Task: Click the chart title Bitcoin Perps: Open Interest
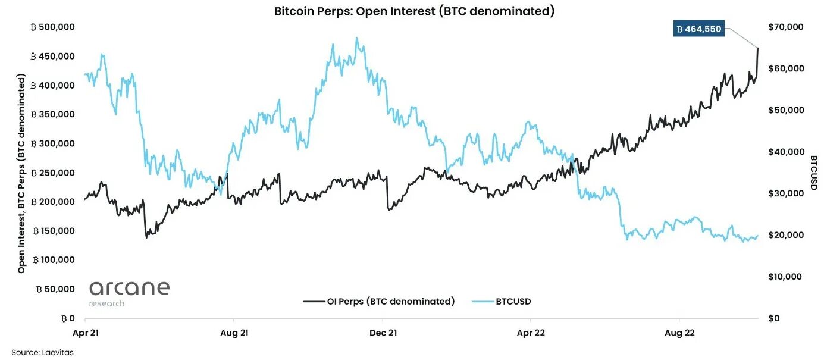point(414,11)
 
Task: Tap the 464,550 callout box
point(699,29)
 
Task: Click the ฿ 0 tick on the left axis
point(67,318)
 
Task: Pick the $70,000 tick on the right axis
point(787,27)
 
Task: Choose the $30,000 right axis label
point(787,193)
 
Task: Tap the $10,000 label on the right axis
point(787,277)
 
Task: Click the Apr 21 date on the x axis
point(86,333)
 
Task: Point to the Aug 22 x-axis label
point(680,333)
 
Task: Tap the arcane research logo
point(129,293)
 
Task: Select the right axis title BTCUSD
point(813,173)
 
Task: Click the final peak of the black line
point(758,48)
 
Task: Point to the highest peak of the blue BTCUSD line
point(356,38)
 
